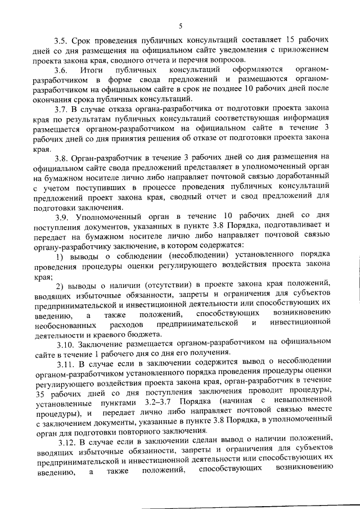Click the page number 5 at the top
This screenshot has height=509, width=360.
180,25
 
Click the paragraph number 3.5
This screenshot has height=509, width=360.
61,41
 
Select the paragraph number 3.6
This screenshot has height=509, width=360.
61,70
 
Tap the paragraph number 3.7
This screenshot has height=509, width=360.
61,110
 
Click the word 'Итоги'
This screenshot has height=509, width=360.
92,70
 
